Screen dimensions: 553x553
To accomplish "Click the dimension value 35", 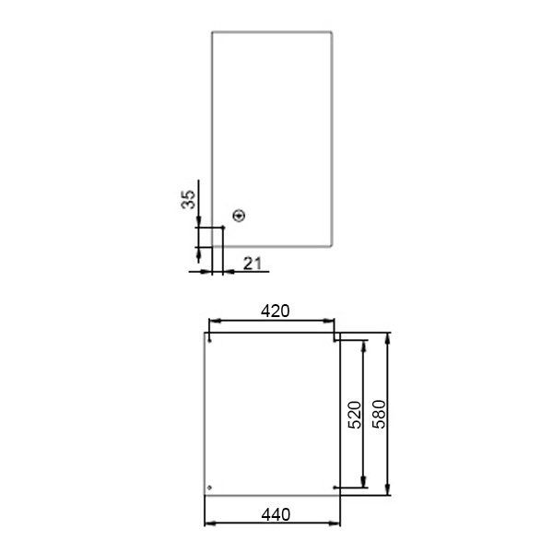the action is [x=188, y=200].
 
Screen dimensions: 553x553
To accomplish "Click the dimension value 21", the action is [x=253, y=264].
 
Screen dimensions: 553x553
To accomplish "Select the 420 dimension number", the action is [x=275, y=312].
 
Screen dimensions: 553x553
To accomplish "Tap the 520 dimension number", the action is [x=355, y=415].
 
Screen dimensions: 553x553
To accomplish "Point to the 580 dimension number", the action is [x=380, y=414].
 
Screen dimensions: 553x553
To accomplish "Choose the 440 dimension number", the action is [x=276, y=515].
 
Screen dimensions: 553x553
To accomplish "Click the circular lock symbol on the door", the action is [x=239, y=216].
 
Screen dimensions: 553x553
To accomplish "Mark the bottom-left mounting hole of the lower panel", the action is [x=209, y=488].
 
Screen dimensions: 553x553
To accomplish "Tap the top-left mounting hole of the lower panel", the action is [x=210, y=341].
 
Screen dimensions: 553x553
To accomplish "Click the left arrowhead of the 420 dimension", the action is [x=215, y=321].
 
